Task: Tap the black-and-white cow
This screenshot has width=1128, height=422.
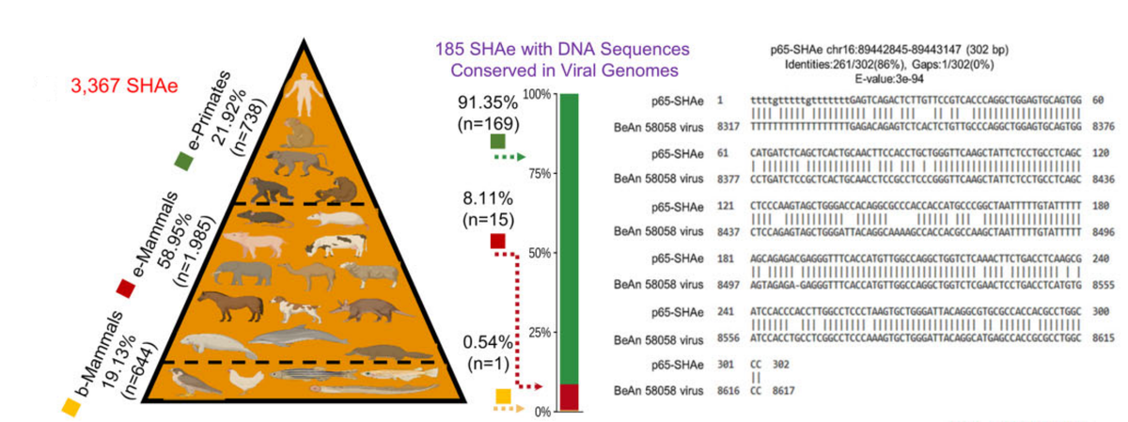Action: point(335,244)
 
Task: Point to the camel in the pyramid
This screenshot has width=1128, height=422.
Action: point(309,274)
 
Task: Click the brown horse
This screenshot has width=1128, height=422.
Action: point(227,306)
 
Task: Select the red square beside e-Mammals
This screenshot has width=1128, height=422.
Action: point(122,287)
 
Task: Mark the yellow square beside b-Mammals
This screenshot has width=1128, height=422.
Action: point(68,406)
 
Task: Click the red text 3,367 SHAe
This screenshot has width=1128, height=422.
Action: point(112,86)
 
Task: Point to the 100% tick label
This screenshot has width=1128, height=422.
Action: point(536,95)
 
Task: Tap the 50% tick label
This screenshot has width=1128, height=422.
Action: point(539,253)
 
